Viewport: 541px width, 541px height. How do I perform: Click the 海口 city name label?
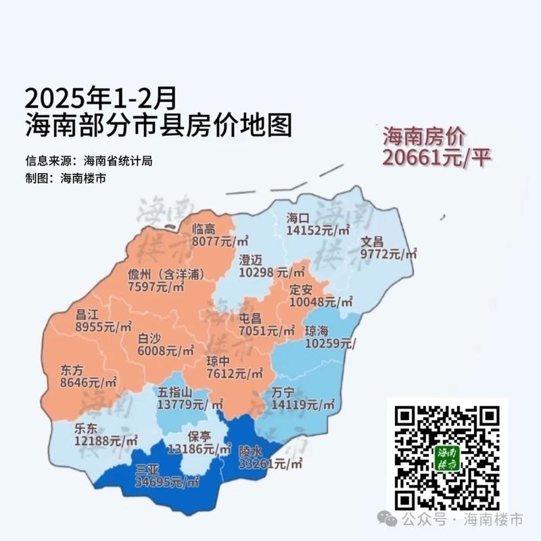298,218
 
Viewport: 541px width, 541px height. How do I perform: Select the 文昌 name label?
372,241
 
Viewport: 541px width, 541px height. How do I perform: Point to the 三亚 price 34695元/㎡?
167,482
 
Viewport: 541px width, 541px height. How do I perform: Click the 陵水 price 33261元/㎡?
270,464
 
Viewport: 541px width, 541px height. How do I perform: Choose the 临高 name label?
204,229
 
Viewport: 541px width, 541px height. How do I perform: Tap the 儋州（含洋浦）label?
166,274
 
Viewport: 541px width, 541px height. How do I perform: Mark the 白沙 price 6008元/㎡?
166,351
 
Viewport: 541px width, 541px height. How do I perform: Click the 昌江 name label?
89,313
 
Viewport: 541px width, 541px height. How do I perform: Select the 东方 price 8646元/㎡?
89,383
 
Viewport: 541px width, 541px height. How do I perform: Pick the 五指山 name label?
176,392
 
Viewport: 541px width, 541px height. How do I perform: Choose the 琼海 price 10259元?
330,344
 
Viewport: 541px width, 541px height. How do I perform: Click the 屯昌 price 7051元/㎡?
267,331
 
